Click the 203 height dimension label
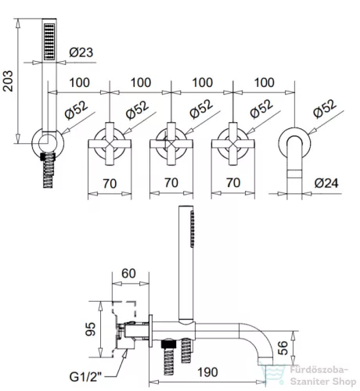tap(8, 81)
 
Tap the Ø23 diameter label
tap(81, 52)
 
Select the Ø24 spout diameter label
tap(326, 183)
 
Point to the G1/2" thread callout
tap(85, 377)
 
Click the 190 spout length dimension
tap(207, 372)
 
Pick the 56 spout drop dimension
tap(283, 348)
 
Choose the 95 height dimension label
tap(91, 329)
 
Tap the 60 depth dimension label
tap(128, 274)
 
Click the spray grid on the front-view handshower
tap(49, 42)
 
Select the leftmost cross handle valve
tap(110, 144)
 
